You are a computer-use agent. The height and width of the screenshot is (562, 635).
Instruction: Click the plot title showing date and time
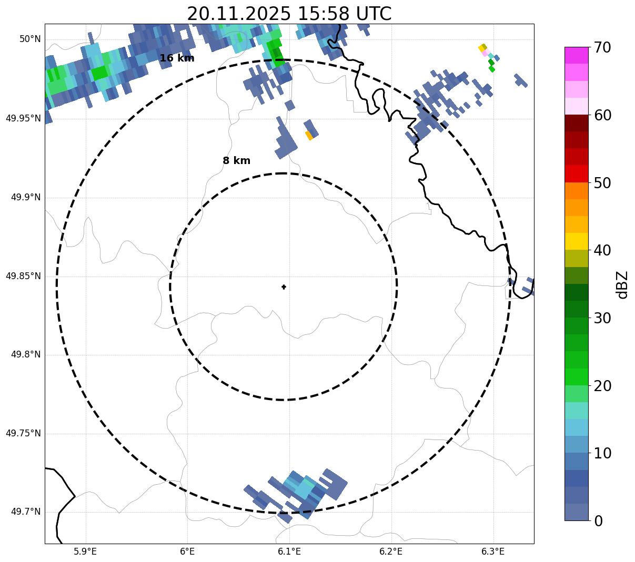(289, 14)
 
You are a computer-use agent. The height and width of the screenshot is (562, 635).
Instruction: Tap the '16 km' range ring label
(177, 58)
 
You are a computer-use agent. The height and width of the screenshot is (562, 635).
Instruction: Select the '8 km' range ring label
(236, 161)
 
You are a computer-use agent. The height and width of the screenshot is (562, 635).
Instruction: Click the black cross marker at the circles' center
(284, 287)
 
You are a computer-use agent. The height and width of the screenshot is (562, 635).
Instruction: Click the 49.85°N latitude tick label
(23, 276)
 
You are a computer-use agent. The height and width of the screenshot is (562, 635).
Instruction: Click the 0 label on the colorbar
(599, 521)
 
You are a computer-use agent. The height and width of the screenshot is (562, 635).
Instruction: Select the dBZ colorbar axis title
(623, 284)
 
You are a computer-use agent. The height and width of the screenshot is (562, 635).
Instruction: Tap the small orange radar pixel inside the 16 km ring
(309, 136)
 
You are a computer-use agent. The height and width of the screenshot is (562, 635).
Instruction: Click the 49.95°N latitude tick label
(23, 118)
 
